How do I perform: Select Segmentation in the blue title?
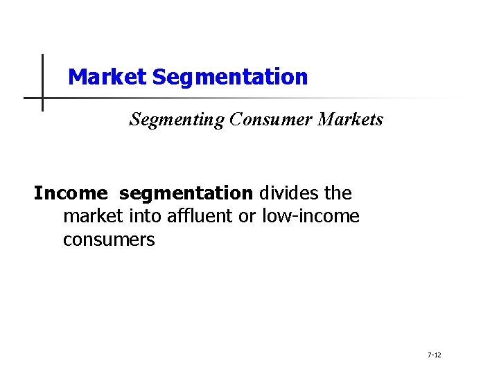[x=229, y=77]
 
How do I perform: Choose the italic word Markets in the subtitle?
[x=351, y=120]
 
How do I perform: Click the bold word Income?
[x=71, y=193]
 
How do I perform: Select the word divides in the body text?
[x=287, y=193]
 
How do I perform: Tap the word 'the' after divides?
[x=337, y=193]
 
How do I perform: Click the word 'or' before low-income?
[x=247, y=217]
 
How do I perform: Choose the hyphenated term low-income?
[x=310, y=217]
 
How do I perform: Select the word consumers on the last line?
[x=109, y=240]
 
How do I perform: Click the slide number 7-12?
[x=435, y=355]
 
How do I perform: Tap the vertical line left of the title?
[x=42, y=69]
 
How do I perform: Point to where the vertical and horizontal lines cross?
[x=42, y=98]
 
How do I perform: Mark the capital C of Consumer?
[x=235, y=120]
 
